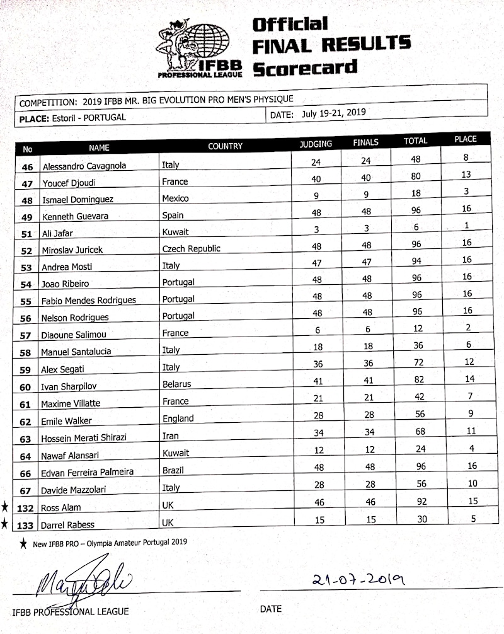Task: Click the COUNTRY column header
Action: pyautogui.click(x=225, y=146)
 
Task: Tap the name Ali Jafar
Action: pyautogui.click(x=59, y=233)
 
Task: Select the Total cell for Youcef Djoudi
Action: pyautogui.click(x=416, y=178)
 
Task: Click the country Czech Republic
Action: pyautogui.click(x=192, y=248)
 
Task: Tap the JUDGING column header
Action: pyautogui.click(x=316, y=144)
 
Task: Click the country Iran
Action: pyautogui.click(x=170, y=435)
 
